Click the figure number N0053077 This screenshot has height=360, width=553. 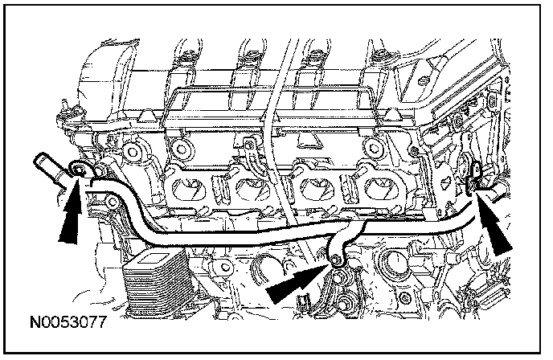click(68, 322)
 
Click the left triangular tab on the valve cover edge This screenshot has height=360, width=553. click(146, 115)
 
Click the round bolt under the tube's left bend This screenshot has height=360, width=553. click(112, 202)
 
